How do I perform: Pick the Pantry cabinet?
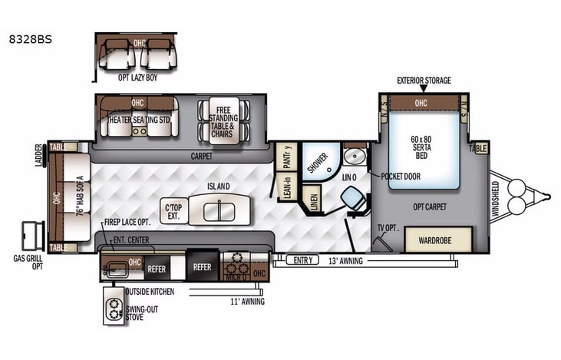286,157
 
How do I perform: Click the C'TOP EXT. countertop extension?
174,209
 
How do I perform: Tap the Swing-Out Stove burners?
115,308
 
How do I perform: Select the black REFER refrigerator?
203,268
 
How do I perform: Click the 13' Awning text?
345,261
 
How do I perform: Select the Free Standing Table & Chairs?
223,121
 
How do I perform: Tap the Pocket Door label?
401,177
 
